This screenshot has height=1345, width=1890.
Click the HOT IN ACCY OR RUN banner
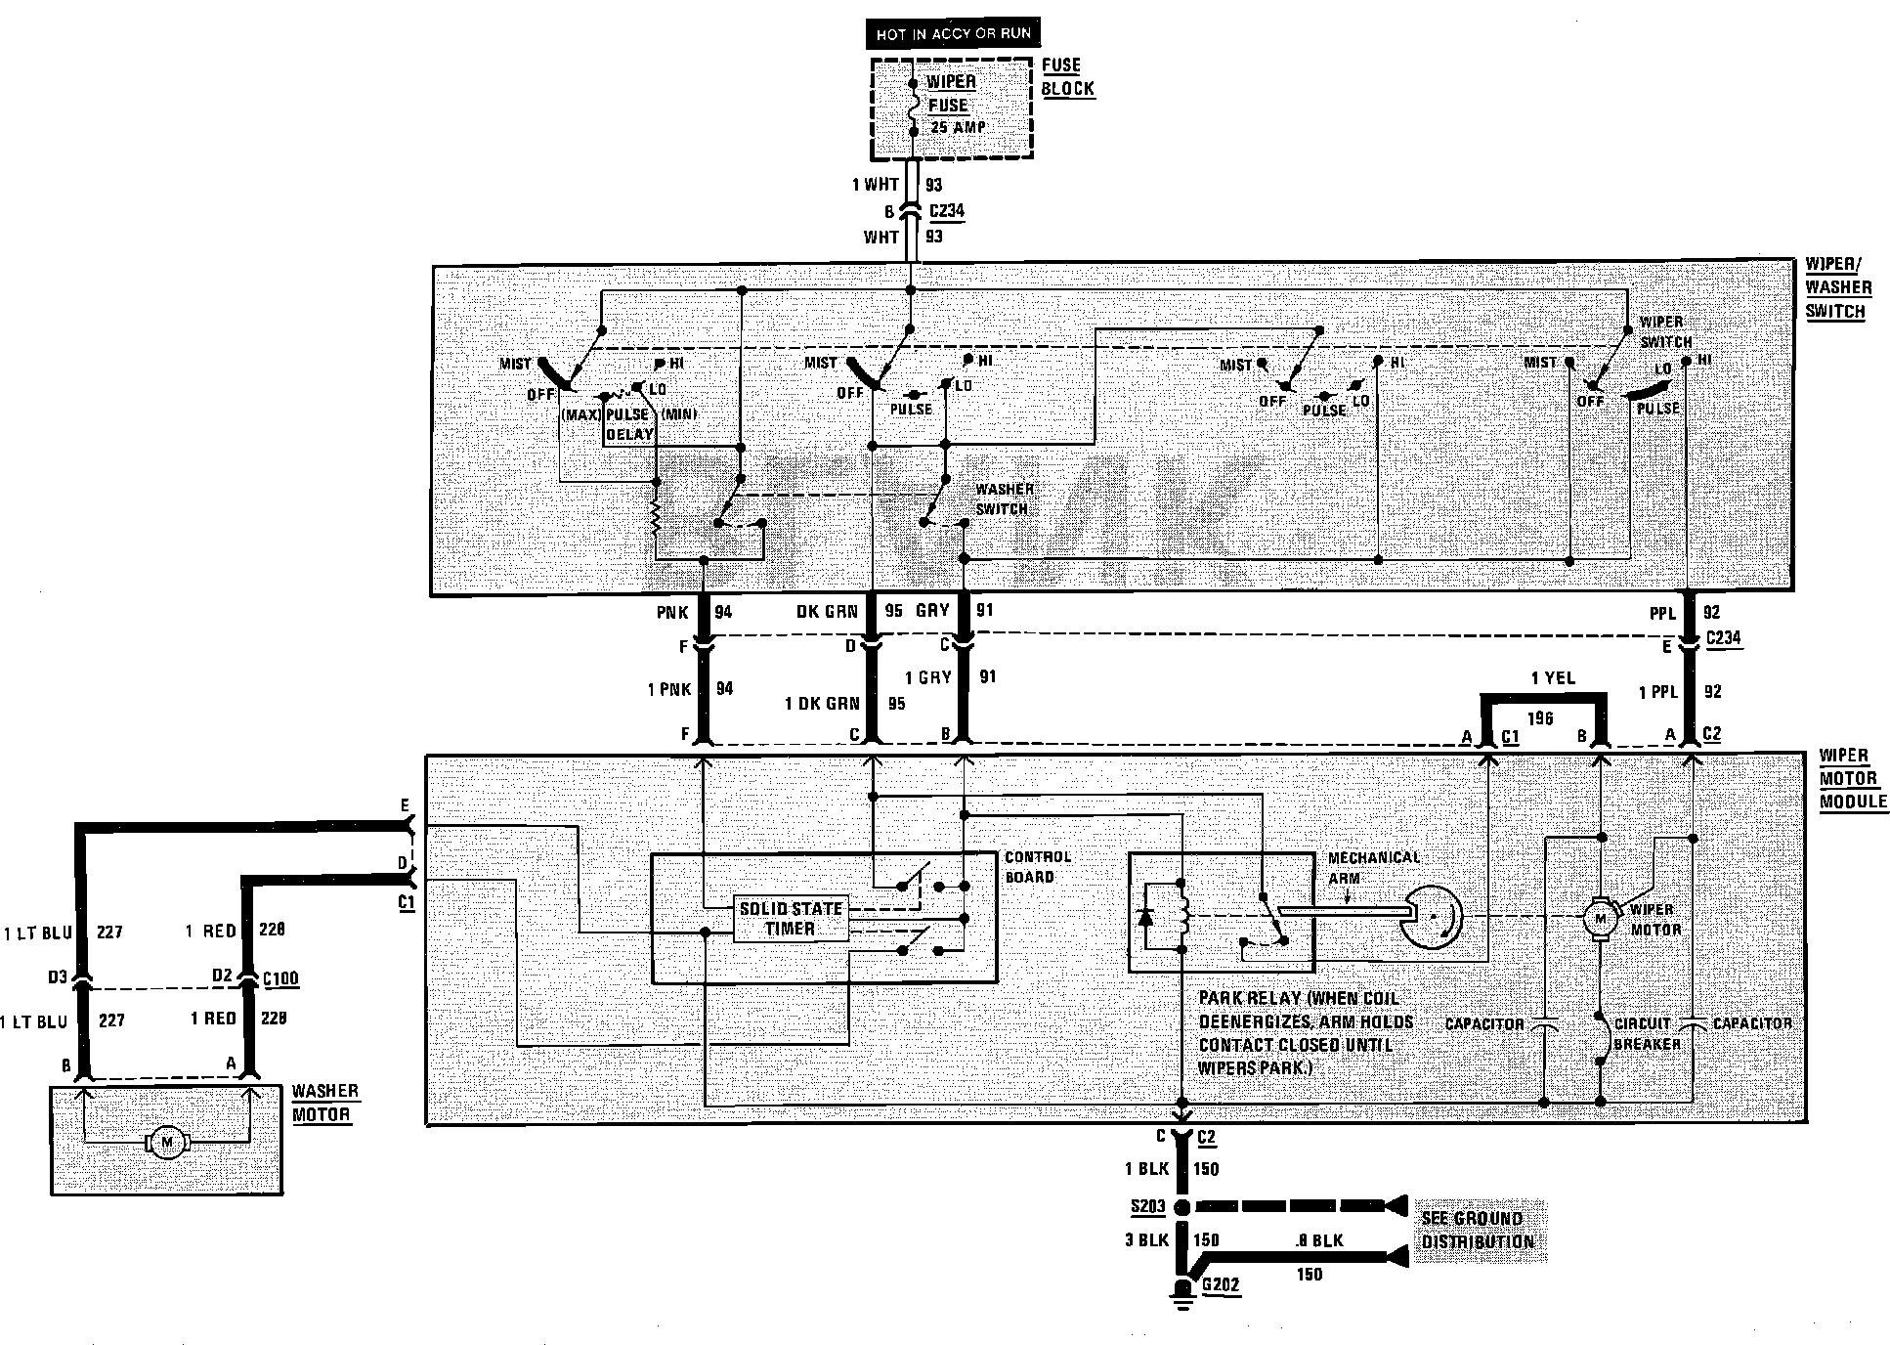click(x=952, y=34)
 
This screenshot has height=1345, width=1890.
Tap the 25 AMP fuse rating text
click(x=957, y=127)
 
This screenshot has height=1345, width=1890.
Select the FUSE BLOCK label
click(x=1067, y=76)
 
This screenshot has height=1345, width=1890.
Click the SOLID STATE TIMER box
click(x=790, y=919)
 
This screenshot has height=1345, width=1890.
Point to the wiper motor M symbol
click(x=1600, y=918)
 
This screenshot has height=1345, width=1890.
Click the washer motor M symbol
click(x=166, y=1142)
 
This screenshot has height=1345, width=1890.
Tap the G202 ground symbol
click(x=1183, y=1290)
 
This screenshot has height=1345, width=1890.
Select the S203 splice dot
click(x=1181, y=1206)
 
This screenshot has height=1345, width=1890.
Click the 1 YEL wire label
click(x=1552, y=678)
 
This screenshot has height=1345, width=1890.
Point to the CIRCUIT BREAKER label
click(x=1647, y=1033)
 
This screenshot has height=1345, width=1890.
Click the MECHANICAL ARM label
click(x=1373, y=867)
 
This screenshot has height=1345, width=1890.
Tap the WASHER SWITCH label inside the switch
click(x=1004, y=499)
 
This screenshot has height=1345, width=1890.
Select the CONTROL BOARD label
click(x=1038, y=866)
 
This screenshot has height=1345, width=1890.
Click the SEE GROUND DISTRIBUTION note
click(x=1477, y=1230)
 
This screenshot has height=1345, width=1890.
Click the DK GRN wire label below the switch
click(x=826, y=612)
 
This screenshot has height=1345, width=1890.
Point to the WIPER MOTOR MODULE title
click(x=1852, y=778)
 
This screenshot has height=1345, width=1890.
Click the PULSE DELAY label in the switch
click(x=628, y=423)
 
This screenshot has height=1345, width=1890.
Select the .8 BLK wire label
click(x=1318, y=1240)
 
